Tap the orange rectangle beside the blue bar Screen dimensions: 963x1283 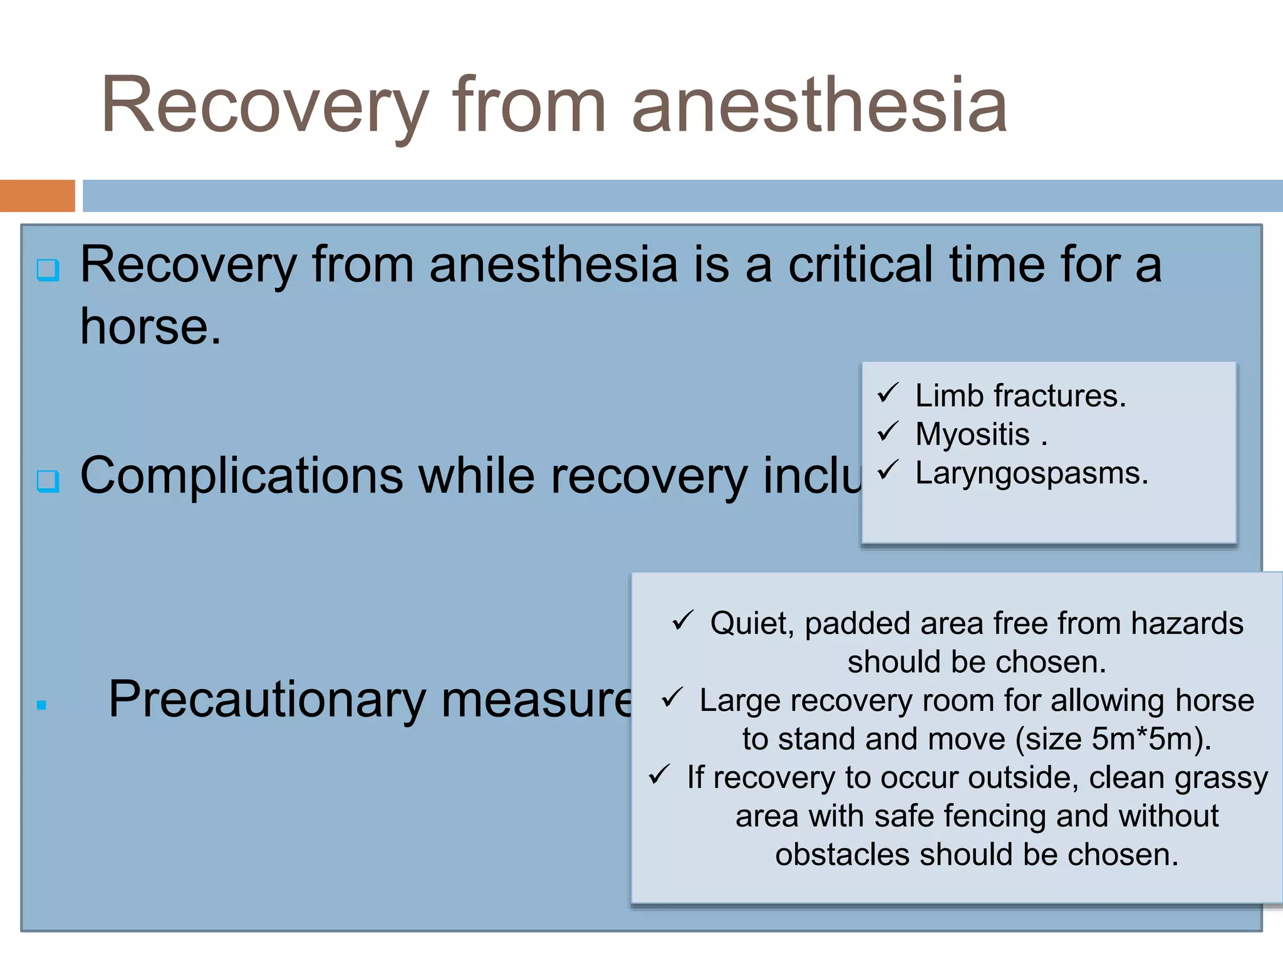pos(37,196)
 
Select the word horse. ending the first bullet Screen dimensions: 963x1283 pos(150,327)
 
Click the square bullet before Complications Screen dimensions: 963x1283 pos(48,481)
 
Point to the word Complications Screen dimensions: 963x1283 pos(241,476)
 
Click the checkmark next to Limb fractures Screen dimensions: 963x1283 pos(888,394)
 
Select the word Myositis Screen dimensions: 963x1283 pos(972,434)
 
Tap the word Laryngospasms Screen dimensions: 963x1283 pos(1031,473)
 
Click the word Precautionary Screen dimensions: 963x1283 pos(267,700)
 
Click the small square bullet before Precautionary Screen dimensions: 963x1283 pos(42,705)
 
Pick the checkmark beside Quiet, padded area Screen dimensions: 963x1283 pos(682,621)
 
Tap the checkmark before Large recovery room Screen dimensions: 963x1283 pos(672,698)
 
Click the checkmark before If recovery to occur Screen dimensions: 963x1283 pos(659,775)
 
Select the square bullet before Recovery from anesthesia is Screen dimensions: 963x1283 pos(48,270)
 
